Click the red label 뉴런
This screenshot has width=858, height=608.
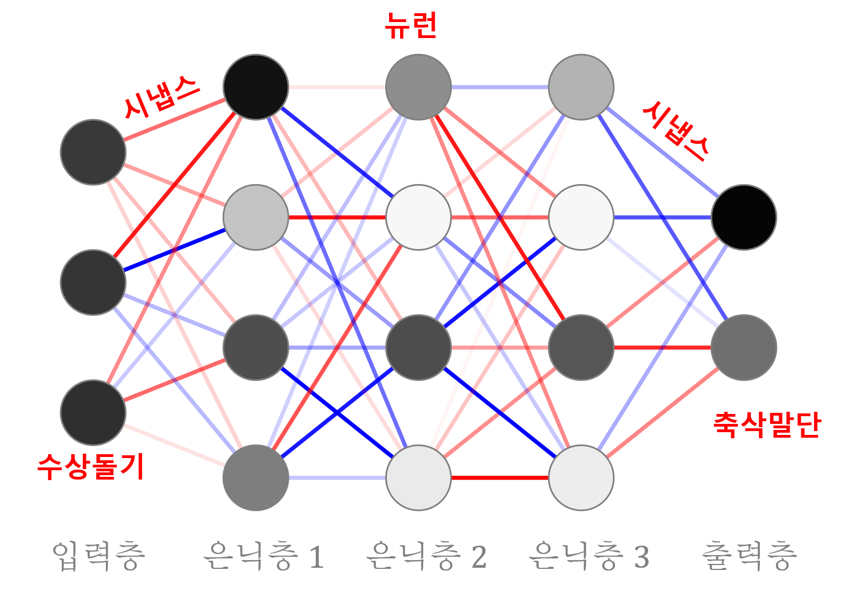[x=411, y=26]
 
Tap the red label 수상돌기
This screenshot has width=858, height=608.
[x=90, y=467]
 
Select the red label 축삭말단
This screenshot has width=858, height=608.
[x=767, y=425]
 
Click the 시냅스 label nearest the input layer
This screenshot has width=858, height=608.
[x=161, y=98]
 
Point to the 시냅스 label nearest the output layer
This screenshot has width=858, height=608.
[x=676, y=131]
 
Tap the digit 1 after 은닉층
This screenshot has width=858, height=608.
[x=316, y=557]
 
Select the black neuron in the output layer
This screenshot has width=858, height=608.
[x=744, y=217]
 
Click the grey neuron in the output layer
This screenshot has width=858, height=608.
[x=744, y=348]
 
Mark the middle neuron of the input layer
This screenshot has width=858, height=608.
[x=93, y=282]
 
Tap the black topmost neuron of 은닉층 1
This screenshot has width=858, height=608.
[x=256, y=87]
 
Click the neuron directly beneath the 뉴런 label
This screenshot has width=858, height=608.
[x=418, y=87]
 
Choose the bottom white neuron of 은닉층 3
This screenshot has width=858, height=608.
[x=581, y=478]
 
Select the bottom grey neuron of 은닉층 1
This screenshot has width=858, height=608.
[x=256, y=478]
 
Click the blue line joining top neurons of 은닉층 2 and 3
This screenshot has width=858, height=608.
[x=500, y=87]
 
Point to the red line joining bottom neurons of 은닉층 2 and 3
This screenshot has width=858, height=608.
[x=500, y=478]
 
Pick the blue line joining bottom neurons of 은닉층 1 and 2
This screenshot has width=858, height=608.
[x=337, y=478]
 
